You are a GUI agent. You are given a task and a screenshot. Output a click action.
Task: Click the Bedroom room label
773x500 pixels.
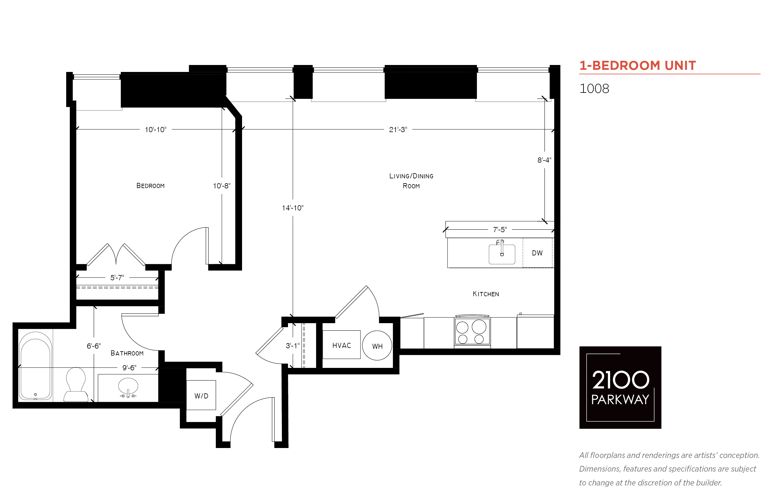pyautogui.click(x=150, y=186)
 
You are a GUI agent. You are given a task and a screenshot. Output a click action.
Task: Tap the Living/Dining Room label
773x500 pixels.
pyautogui.click(x=411, y=181)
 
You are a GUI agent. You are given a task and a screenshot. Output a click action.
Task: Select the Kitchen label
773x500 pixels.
pyautogui.click(x=486, y=294)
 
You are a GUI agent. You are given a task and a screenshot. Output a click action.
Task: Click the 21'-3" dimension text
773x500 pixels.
pyautogui.click(x=398, y=130)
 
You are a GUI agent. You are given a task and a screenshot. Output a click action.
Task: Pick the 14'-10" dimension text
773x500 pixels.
pyautogui.click(x=293, y=208)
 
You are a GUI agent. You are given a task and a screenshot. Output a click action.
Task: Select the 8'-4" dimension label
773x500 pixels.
pyautogui.click(x=544, y=160)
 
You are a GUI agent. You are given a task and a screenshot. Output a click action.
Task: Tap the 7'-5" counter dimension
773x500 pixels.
pyautogui.click(x=500, y=229)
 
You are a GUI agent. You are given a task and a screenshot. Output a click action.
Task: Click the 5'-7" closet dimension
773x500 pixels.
pyautogui.click(x=117, y=278)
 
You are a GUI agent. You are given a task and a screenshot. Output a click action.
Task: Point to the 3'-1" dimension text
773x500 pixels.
pyautogui.click(x=293, y=346)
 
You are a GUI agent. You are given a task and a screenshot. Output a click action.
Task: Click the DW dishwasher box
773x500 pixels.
pyautogui.click(x=537, y=253)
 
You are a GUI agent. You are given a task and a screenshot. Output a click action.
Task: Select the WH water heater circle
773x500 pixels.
pyautogui.click(x=377, y=346)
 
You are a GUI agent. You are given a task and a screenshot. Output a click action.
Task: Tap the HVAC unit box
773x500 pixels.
pyautogui.click(x=341, y=345)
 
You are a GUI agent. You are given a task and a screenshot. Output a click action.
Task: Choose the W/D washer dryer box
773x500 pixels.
pyautogui.click(x=201, y=395)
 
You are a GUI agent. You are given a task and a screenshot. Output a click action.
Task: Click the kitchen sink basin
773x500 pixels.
pyautogui.click(x=502, y=254)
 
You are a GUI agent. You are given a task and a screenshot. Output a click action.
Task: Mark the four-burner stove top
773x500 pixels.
pyautogui.click(x=472, y=331)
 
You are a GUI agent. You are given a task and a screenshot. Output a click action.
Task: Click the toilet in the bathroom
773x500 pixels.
pyautogui.click(x=76, y=385)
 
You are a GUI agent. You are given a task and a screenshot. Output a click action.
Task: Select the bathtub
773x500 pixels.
pyautogui.click(x=35, y=365)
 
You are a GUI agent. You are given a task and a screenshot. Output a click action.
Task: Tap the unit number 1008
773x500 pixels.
pyautogui.click(x=594, y=89)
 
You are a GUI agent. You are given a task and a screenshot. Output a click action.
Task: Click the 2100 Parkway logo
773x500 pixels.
pyautogui.click(x=620, y=387)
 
